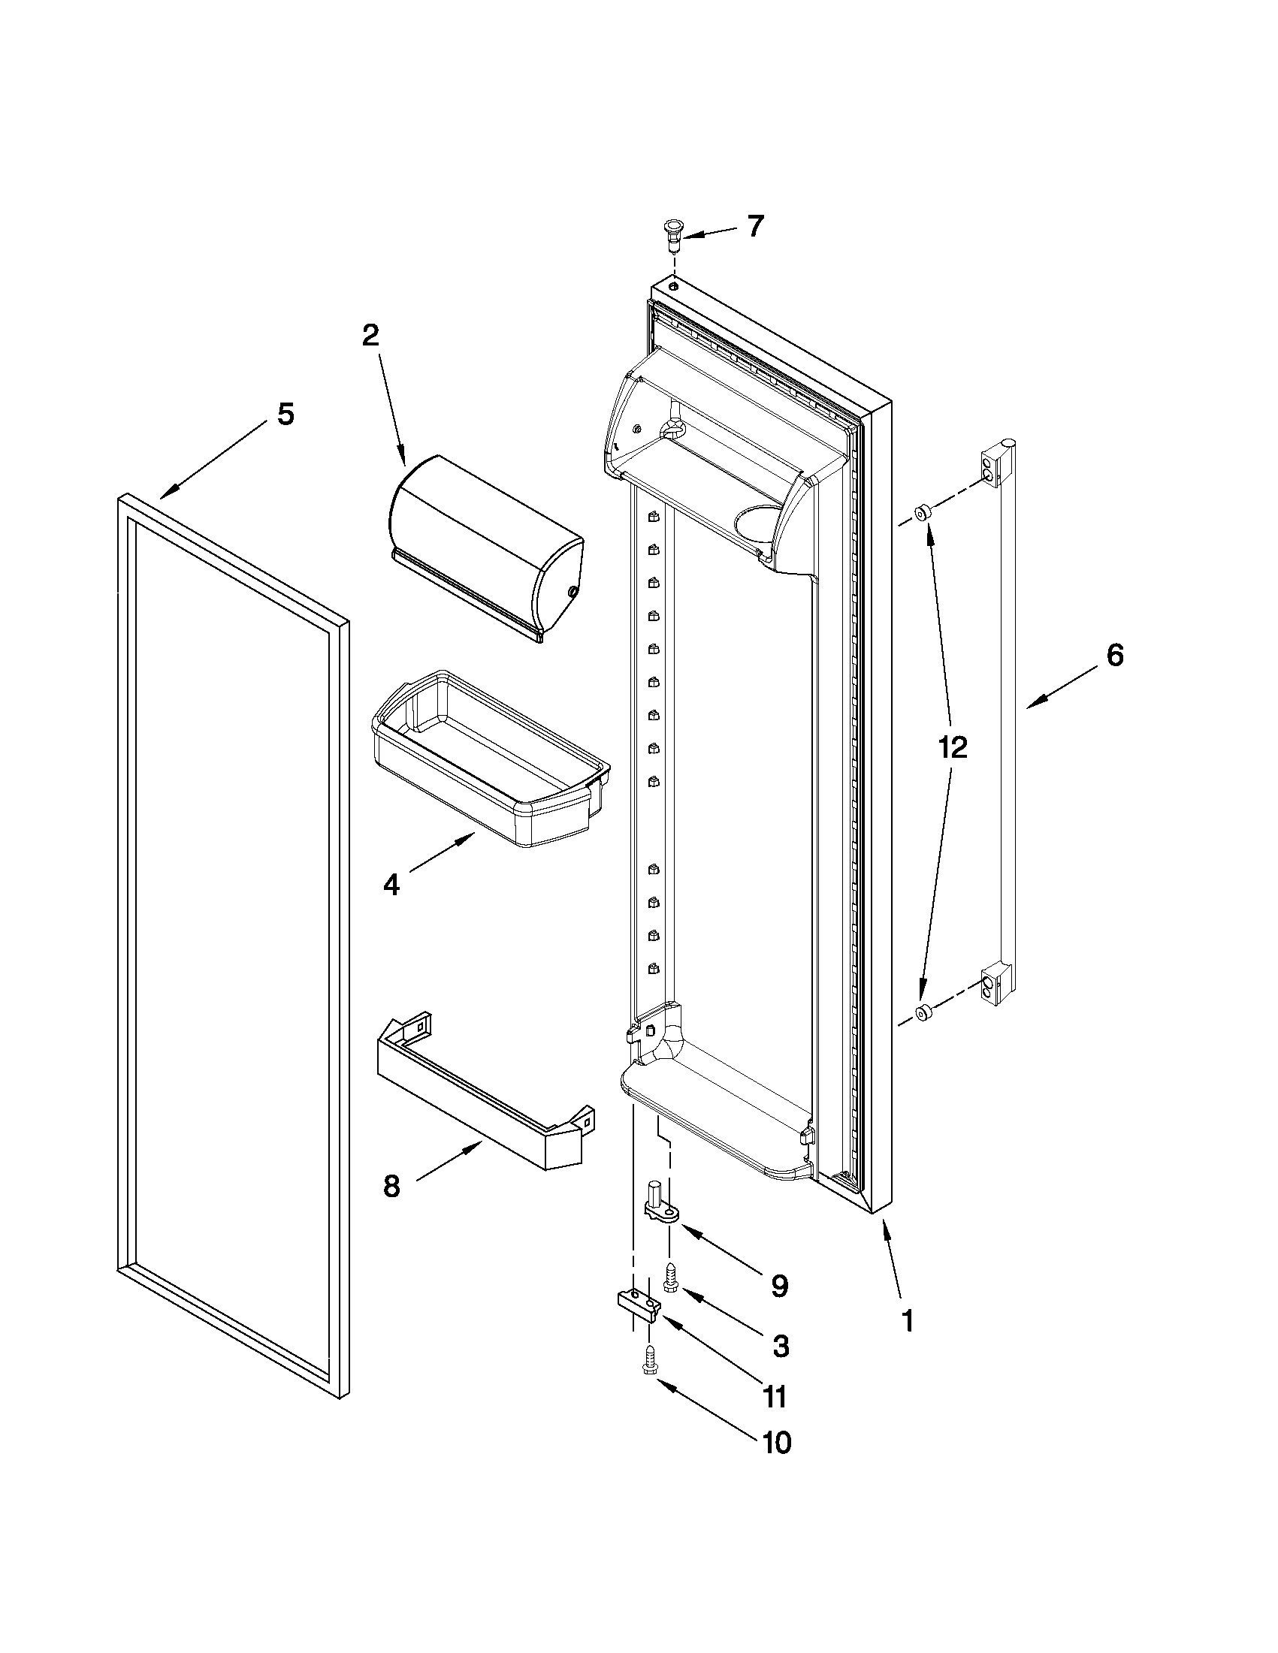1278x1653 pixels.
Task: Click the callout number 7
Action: tap(755, 226)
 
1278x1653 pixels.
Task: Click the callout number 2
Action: tap(370, 335)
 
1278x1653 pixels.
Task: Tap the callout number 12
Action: tap(953, 748)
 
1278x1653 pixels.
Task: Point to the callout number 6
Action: tap(1114, 655)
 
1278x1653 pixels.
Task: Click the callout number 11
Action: tap(774, 1397)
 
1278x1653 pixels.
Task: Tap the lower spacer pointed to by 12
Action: tap(921, 1012)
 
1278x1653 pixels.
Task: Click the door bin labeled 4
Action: tap(491, 759)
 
